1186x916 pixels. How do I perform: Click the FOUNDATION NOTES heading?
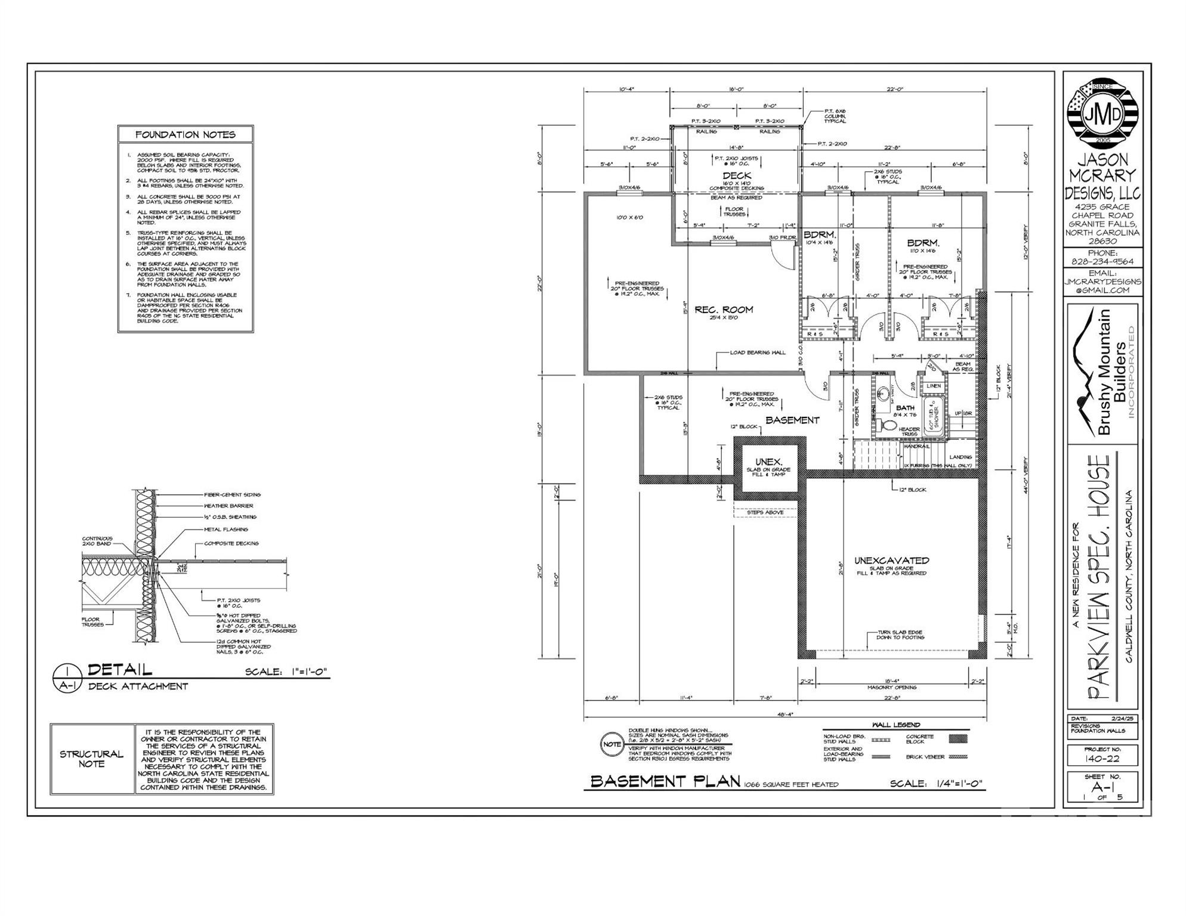pyautogui.click(x=186, y=135)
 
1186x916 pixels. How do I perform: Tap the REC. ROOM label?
pyautogui.click(x=723, y=310)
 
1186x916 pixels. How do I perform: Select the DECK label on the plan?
pyautogui.click(x=737, y=175)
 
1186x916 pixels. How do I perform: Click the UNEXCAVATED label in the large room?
pyautogui.click(x=891, y=561)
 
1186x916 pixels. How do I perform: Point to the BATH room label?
pyautogui.click(x=904, y=408)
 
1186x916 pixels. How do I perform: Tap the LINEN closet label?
pyautogui.click(x=934, y=386)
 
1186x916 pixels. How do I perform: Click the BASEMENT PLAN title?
pyautogui.click(x=665, y=782)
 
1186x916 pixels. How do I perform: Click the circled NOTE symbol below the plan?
pyautogui.click(x=611, y=744)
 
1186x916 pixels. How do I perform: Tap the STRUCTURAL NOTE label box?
pyautogui.click(x=92, y=759)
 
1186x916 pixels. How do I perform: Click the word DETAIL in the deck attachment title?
pyautogui.click(x=120, y=670)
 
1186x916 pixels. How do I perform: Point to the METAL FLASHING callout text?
pyautogui.click(x=226, y=530)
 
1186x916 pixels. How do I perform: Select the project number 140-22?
pyautogui.click(x=1102, y=759)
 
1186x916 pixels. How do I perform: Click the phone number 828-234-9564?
pyautogui.click(x=1102, y=262)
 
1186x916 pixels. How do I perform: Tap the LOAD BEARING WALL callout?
pyautogui.click(x=758, y=352)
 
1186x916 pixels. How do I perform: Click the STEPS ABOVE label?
pyautogui.click(x=765, y=512)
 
